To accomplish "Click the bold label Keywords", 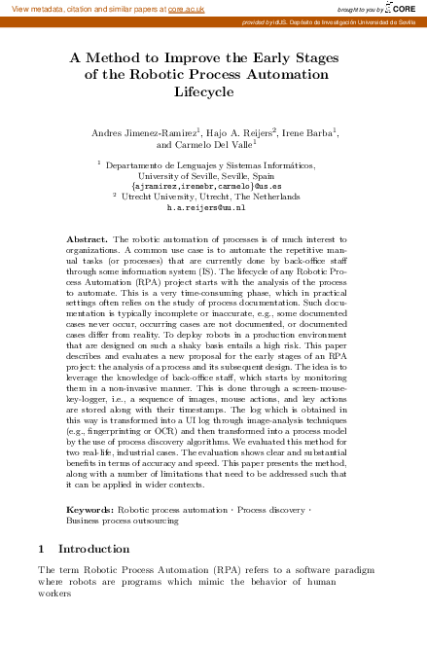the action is [89, 510].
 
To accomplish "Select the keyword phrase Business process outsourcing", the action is [122, 521].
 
